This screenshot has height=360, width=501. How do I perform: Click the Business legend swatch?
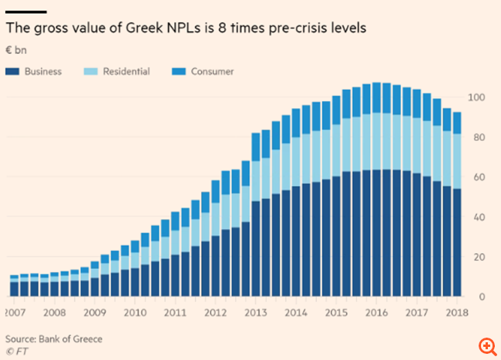click(13, 72)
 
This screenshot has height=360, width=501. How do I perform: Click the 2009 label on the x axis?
click(96, 313)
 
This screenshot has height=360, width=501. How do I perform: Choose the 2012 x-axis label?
click(215, 313)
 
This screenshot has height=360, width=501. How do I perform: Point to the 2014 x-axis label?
click(294, 313)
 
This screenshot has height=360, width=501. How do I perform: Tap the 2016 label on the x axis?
click(375, 313)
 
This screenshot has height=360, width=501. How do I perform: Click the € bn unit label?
click(16, 51)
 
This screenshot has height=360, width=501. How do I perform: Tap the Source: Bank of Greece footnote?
click(53, 338)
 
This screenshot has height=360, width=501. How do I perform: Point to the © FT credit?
click(16, 351)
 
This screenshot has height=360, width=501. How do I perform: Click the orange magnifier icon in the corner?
click(486, 346)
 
